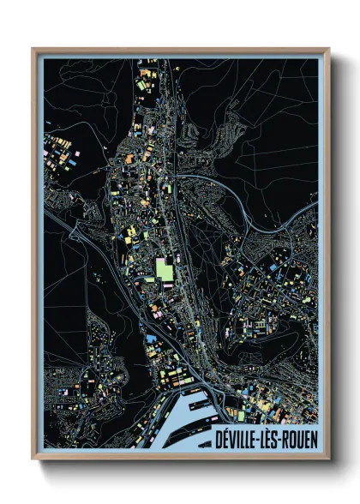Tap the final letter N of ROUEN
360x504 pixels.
click(x=314, y=440)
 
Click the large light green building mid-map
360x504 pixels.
click(x=164, y=271)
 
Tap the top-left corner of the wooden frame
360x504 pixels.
click(x=33, y=48)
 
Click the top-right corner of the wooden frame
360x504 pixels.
click(x=328, y=48)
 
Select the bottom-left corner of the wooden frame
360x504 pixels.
click(x=33, y=460)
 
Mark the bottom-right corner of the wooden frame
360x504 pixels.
click(x=328, y=460)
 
